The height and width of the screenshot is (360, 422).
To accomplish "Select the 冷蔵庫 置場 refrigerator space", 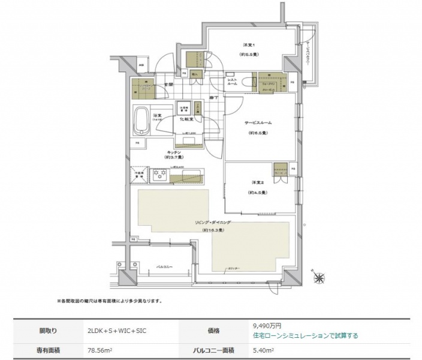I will tap(140, 175).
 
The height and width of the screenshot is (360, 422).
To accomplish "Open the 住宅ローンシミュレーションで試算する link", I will tap(306, 335).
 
